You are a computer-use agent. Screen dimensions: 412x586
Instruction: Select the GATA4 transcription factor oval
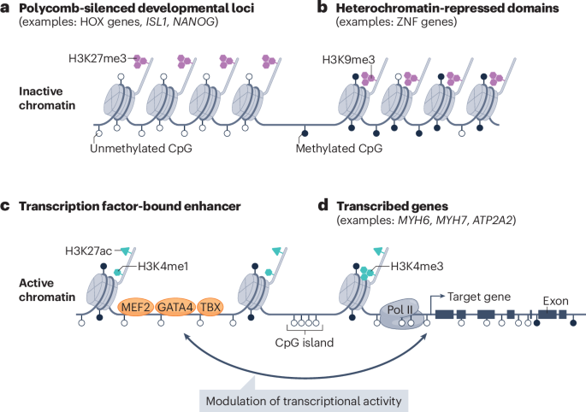pos(175,306)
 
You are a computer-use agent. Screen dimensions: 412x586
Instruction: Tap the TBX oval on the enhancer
pos(210,306)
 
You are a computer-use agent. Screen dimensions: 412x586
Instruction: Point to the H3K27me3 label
pos(98,59)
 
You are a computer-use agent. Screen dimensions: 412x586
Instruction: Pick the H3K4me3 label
pos(411,267)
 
